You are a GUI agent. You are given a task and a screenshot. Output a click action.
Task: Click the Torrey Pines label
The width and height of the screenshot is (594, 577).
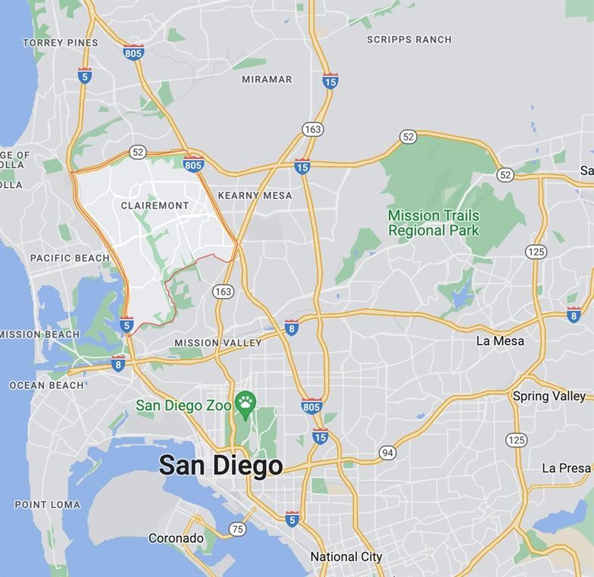[61, 42]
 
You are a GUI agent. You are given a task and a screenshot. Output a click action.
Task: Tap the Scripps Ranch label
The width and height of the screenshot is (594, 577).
[409, 39]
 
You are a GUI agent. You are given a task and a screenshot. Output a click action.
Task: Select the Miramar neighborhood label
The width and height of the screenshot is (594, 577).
[267, 79]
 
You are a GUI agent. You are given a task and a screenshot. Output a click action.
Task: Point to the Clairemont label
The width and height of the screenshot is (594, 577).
[155, 205]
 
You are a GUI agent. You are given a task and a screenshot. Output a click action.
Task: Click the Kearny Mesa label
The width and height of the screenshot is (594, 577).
[255, 196]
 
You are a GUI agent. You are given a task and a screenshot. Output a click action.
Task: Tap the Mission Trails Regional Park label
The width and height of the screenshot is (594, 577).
[433, 223]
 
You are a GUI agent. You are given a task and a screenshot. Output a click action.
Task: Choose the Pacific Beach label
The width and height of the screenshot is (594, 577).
[70, 258]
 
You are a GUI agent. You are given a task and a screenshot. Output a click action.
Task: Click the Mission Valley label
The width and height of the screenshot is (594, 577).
[218, 343]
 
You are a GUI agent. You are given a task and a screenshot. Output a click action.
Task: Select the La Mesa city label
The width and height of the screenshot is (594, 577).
[500, 341]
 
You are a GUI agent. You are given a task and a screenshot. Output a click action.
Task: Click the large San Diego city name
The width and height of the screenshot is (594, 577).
[221, 465]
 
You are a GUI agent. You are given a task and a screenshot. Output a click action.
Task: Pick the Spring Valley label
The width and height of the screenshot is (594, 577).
[549, 396]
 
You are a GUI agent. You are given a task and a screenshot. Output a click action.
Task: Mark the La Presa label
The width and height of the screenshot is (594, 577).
[566, 468]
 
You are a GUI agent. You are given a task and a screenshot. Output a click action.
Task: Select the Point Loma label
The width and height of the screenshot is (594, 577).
[47, 504]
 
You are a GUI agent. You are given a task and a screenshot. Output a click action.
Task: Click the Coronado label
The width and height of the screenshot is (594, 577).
[176, 538]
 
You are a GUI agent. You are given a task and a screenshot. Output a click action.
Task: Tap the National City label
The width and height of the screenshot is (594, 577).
[346, 557]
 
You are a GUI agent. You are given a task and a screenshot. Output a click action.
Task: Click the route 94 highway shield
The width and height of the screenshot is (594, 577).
[388, 453]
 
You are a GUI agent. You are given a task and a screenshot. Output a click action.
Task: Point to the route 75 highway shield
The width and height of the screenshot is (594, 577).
[238, 529]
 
